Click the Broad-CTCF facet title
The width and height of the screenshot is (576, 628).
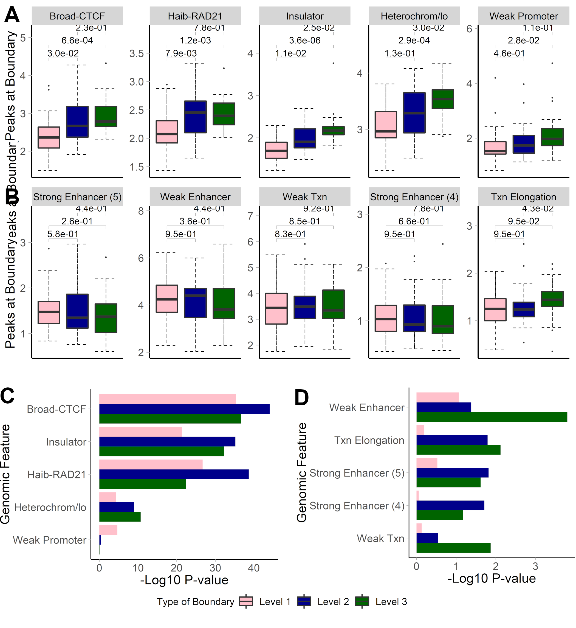(77, 16)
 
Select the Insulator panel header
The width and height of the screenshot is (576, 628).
(304, 16)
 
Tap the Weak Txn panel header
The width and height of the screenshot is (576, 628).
(304, 197)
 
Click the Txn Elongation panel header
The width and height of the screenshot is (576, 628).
(523, 197)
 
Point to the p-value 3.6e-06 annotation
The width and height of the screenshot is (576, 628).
(304, 41)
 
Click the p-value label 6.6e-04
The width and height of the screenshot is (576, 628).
(77, 41)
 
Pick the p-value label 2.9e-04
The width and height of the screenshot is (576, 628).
(414, 41)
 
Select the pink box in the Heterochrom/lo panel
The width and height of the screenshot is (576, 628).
(386, 124)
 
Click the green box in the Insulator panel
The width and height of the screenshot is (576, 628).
(333, 131)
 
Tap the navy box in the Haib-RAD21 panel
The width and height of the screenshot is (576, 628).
(195, 117)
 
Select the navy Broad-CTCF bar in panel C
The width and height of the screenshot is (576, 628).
(184, 409)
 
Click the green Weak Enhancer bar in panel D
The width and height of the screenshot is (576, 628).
(492, 417)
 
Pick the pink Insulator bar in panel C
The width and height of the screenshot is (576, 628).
(140, 432)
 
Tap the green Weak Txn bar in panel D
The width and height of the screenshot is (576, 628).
(453, 548)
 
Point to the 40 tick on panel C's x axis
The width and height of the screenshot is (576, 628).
(254, 568)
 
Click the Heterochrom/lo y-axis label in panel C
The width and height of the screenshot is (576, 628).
(50, 507)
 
